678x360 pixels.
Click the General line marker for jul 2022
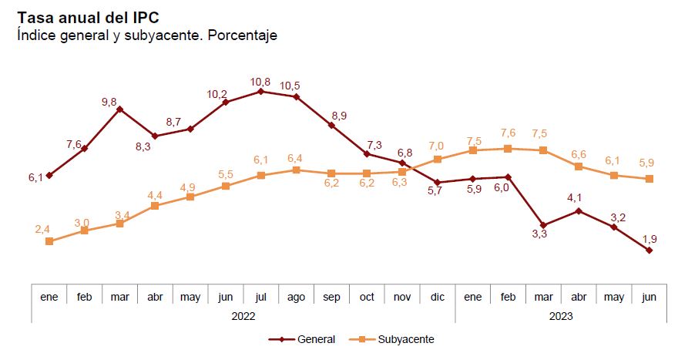[x=260, y=91]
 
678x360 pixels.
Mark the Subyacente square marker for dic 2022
[x=438, y=160]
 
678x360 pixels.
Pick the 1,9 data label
[x=649, y=237]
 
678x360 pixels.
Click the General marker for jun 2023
[x=649, y=250]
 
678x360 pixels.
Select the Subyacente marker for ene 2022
[x=49, y=241]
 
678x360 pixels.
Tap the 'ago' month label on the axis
[x=296, y=296]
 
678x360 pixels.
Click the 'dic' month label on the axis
[x=437, y=296]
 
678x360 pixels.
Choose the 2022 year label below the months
[x=243, y=315]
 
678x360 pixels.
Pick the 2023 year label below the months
[x=561, y=315]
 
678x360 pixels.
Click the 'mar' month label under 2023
[x=543, y=296]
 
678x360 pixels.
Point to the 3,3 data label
[x=539, y=235]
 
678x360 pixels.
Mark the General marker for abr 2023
[x=579, y=210]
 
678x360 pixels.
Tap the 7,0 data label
[x=436, y=146]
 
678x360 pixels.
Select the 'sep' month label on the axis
[x=331, y=296]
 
